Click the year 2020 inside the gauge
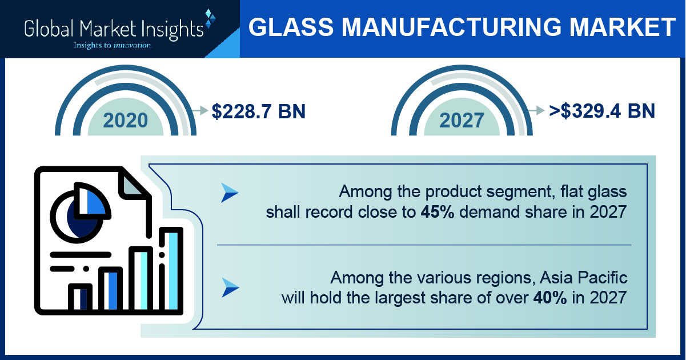point(125,121)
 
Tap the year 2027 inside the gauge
point(462,121)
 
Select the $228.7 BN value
point(259,111)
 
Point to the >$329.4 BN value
point(602,111)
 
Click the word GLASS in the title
point(291,27)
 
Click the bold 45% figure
point(438,212)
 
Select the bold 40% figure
point(550,298)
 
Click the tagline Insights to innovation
point(113,46)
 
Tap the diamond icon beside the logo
point(210,18)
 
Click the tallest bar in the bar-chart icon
point(171,270)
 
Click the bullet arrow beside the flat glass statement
point(230,193)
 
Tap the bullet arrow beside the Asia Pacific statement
point(230,287)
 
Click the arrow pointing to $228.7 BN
point(200,110)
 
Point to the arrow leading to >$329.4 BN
point(536,110)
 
